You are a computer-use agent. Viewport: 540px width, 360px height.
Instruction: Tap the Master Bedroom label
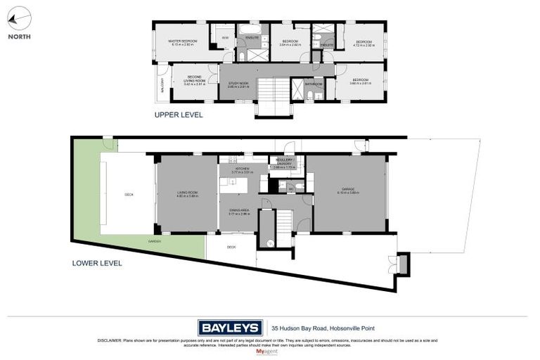pos(182,42)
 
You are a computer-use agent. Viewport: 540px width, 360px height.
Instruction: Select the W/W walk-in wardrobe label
pos(225,37)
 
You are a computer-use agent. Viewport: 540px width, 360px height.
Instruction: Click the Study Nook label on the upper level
pos(238,84)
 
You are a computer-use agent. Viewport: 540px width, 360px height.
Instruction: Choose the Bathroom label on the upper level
pos(314,84)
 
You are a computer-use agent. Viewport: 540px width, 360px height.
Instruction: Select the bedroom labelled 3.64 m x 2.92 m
pos(290,42)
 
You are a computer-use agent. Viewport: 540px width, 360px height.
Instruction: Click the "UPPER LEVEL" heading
pos(179,114)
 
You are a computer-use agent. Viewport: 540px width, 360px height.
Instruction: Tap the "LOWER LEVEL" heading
pos(97,263)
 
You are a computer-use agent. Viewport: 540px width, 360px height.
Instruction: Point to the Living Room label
pos(187,195)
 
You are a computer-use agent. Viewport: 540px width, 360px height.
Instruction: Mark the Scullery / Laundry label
pos(285,162)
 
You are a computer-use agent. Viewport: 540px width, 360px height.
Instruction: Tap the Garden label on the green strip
pos(154,241)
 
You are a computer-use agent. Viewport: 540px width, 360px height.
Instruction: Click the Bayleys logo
pos(230,327)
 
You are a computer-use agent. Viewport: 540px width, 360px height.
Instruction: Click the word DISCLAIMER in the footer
pos(112,340)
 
